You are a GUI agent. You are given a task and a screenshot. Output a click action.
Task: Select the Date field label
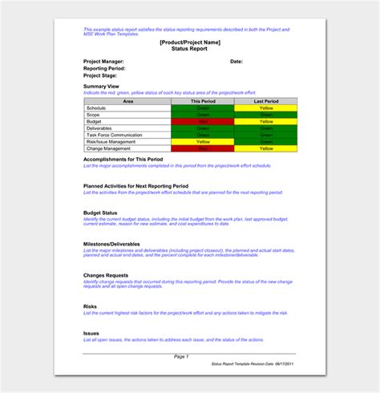(x=236, y=61)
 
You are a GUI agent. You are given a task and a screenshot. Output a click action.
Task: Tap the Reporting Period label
(x=103, y=68)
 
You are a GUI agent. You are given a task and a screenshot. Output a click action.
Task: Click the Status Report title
(x=190, y=48)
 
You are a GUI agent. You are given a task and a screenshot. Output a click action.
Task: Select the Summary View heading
(x=101, y=87)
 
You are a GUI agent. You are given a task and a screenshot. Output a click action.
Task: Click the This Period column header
(x=202, y=101)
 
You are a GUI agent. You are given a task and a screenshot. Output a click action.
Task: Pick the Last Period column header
(x=265, y=101)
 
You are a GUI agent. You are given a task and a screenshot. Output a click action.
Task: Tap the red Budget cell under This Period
(x=202, y=121)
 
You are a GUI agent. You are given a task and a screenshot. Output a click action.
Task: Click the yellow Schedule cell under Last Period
(x=265, y=107)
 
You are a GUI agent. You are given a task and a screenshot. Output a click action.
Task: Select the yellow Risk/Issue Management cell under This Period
(x=202, y=141)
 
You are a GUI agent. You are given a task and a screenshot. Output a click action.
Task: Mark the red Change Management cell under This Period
(x=202, y=148)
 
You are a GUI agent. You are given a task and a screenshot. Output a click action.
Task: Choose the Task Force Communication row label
(x=114, y=135)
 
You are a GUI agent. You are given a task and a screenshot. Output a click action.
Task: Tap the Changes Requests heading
(x=107, y=274)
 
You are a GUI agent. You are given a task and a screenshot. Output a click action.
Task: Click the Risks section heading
(x=90, y=306)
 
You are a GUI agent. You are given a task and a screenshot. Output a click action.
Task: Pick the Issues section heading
(x=91, y=333)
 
